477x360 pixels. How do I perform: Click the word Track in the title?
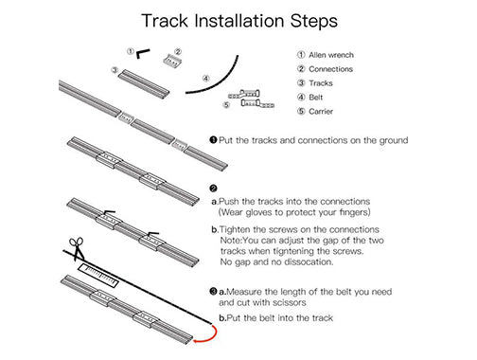pos(165,21)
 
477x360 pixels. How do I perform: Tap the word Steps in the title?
pos(314,22)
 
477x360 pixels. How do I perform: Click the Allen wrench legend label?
pos(331,55)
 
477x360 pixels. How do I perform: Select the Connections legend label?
pos(330,69)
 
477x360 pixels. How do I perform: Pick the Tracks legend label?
pos(321,83)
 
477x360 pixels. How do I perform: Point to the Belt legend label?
pos(316,98)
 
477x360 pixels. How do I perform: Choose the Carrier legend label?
pos(321,112)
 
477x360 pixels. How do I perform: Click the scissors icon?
pos(77,249)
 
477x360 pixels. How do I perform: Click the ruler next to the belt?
pos(98,276)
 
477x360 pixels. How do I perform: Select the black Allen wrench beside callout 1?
pos(143,53)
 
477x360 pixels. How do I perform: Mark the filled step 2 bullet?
pos(213,189)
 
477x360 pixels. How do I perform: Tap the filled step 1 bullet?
pos(213,140)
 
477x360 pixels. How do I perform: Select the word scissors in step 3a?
pos(290,302)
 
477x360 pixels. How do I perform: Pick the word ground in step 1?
pos(394,140)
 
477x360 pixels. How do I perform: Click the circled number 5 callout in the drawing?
pos(226,105)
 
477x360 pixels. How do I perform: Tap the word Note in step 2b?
pos(231,241)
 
